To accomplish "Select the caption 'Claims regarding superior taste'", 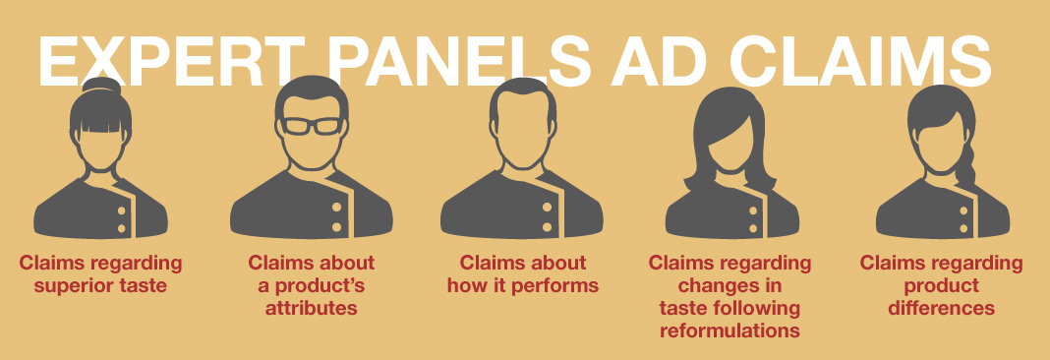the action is pos(101,274).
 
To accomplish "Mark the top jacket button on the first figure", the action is pos(124,210).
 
